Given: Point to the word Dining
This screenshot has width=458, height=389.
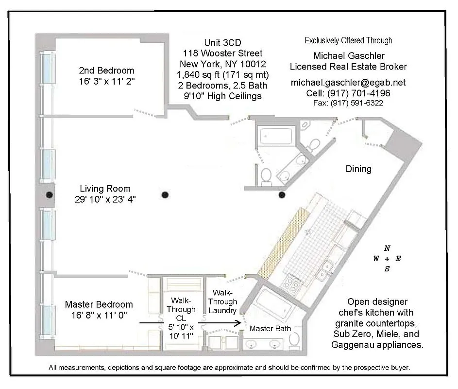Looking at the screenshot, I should (x=358, y=169).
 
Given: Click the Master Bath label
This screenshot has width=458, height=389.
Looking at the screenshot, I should (x=270, y=329).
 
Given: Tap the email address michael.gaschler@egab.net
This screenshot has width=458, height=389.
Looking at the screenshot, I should (x=348, y=83).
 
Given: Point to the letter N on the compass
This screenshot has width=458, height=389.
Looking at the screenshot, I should (x=387, y=248).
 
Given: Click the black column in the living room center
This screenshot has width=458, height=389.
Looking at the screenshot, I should (x=165, y=195).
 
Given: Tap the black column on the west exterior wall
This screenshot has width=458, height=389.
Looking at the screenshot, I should (x=49, y=195).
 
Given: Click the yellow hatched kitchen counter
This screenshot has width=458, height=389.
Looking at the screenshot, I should (x=283, y=241).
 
